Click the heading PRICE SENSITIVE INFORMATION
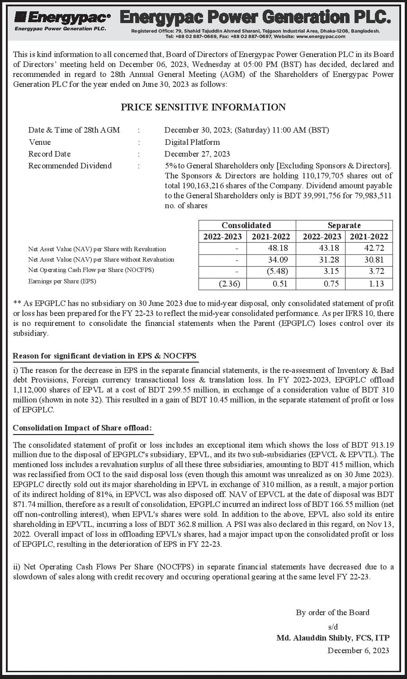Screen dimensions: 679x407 click(x=203, y=107)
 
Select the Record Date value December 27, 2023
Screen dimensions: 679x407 click(x=197, y=154)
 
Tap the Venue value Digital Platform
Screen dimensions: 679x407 click(x=192, y=142)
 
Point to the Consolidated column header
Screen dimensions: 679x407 click(x=246, y=225)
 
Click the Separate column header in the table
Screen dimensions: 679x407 click(x=344, y=225)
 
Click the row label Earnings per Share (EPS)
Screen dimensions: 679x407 click(x=62, y=281)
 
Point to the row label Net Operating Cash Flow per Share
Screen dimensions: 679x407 click(x=91, y=270)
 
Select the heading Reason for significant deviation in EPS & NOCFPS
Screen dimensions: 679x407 click(x=104, y=356)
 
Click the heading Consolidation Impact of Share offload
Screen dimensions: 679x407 click(x=82, y=428)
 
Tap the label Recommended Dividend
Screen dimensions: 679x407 click(x=70, y=166)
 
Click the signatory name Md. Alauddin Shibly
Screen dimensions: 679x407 click(x=333, y=638)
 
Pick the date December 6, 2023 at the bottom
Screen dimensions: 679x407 click(x=358, y=650)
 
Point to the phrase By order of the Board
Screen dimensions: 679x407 click(x=332, y=612)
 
